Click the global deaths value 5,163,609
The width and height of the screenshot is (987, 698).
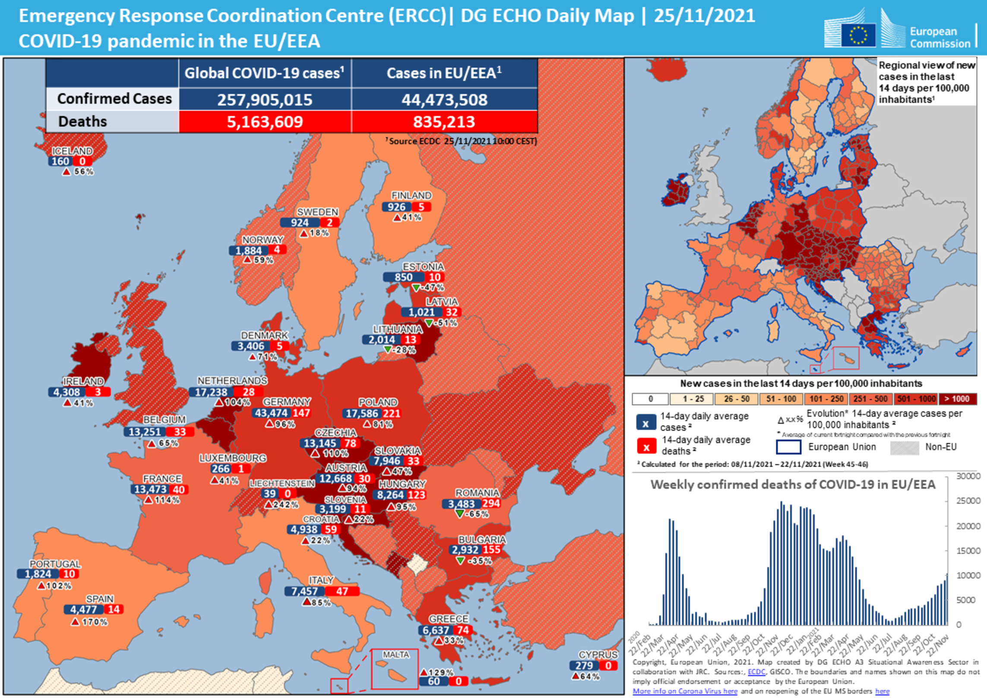(265, 122)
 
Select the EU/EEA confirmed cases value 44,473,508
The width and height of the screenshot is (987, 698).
(444, 100)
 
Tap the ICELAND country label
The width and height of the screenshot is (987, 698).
(72, 151)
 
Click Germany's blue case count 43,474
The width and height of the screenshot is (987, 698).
(271, 413)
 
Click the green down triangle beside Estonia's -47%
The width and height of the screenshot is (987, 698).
(416, 288)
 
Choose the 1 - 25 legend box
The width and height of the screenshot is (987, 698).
(693, 399)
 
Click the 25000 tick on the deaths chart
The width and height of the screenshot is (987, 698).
(968, 501)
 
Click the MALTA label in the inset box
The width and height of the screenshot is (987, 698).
(395, 655)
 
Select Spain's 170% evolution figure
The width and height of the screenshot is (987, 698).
(95, 622)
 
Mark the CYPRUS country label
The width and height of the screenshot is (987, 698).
(598, 655)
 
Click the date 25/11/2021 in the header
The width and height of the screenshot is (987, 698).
(704, 16)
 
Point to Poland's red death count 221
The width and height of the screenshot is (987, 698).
(391, 413)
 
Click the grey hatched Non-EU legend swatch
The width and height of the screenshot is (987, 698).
(904, 448)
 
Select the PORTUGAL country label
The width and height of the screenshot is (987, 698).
(55, 564)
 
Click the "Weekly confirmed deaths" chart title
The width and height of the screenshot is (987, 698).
(793, 485)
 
